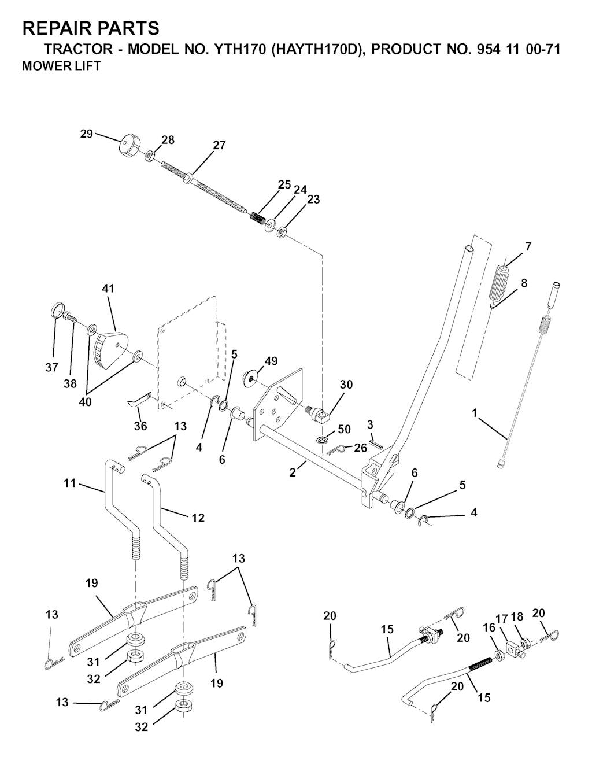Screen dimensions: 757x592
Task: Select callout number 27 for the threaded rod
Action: [219, 145]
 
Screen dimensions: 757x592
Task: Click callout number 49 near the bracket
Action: [271, 361]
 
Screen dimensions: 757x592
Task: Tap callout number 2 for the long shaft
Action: [293, 472]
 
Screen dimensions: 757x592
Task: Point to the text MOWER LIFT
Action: [61, 67]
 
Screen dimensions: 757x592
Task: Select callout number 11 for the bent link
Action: [70, 483]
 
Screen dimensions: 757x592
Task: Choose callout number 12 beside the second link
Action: [198, 518]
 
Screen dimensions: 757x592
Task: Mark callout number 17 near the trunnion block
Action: [504, 623]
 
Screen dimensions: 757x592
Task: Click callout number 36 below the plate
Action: [140, 426]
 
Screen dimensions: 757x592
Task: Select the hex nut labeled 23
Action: [282, 232]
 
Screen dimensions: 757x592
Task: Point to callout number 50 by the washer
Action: [344, 430]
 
